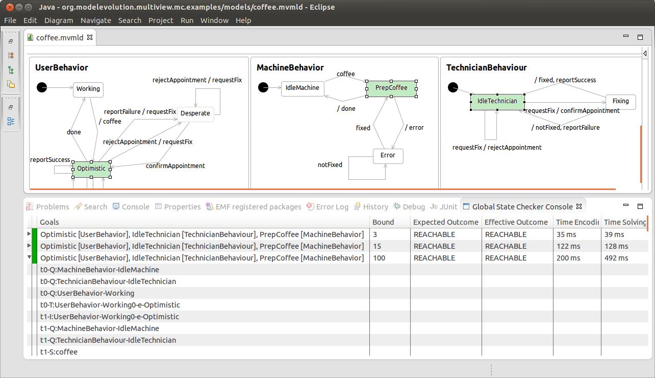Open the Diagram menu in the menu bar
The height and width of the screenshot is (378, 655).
pyautogui.click(x=59, y=20)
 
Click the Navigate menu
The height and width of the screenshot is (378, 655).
pyautogui.click(x=95, y=20)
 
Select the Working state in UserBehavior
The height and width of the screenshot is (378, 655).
pyautogui.click(x=88, y=89)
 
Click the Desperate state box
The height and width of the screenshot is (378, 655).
pyautogui.click(x=195, y=113)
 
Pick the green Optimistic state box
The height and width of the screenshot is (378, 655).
pyautogui.click(x=91, y=168)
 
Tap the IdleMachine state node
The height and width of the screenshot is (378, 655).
pyautogui.click(x=303, y=88)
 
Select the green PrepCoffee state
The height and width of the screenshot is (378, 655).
pyautogui.click(x=391, y=88)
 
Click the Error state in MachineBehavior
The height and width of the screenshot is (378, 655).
pyautogui.click(x=388, y=155)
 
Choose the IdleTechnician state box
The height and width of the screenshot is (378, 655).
pyautogui.click(x=497, y=101)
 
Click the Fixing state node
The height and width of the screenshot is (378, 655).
pyautogui.click(x=620, y=101)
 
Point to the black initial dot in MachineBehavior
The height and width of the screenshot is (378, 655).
pyautogui.click(x=263, y=87)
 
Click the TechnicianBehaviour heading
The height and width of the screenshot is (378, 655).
pyautogui.click(x=486, y=67)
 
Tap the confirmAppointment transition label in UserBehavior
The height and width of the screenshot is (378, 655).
pyautogui.click(x=175, y=166)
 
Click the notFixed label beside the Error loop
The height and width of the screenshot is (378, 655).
pyautogui.click(x=330, y=164)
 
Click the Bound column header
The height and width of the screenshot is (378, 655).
pyautogui.click(x=383, y=222)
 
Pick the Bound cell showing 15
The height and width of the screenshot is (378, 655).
pyautogui.click(x=377, y=246)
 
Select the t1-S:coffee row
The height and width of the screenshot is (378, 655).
pyautogui.click(x=59, y=352)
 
